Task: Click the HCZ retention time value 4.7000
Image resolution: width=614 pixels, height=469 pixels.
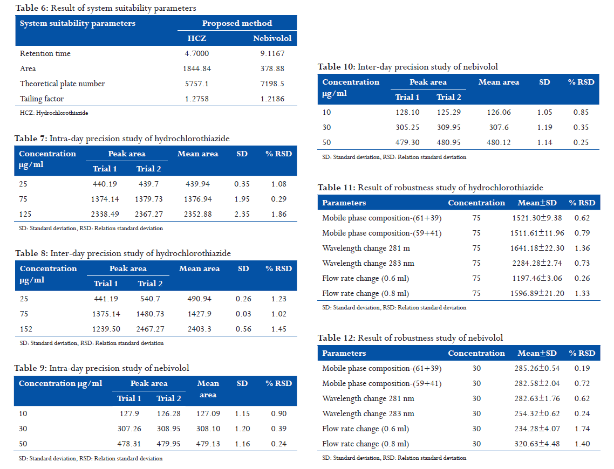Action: tap(197, 53)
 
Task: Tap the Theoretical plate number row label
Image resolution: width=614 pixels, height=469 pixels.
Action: tap(62, 84)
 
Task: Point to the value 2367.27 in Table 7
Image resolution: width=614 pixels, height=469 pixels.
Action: tap(149, 214)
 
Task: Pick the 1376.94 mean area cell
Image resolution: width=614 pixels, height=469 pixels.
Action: tap(198, 199)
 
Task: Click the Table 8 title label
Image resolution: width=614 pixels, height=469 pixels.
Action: tap(123, 253)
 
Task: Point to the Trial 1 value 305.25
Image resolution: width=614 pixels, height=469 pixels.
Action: tap(407, 127)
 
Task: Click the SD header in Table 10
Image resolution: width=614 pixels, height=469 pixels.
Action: tap(545, 82)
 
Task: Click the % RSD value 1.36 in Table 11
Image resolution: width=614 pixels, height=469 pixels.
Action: tap(582, 249)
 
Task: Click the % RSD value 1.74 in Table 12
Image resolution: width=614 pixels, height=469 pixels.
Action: tap(582, 429)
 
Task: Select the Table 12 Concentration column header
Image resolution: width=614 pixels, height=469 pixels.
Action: tap(476, 353)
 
